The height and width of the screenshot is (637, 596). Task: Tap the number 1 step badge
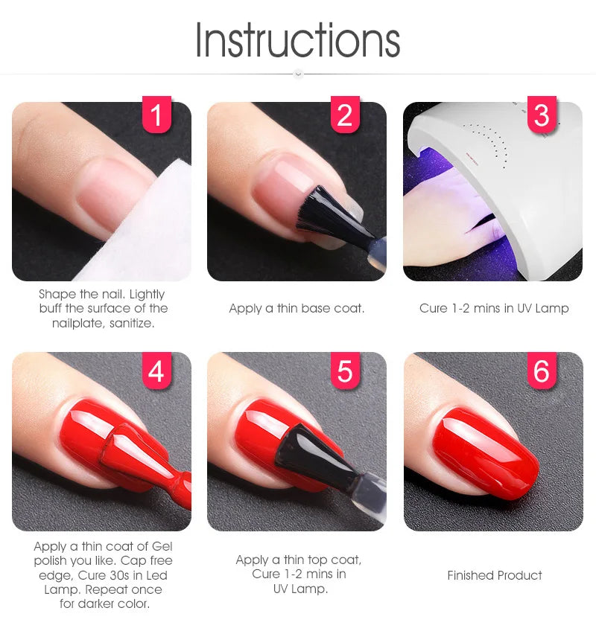point(156,115)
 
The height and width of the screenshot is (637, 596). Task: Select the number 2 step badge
point(345,115)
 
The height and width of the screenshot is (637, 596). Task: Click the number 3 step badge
point(542,115)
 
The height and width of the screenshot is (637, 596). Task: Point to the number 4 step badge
point(156,371)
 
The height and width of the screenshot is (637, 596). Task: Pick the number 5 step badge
point(345,371)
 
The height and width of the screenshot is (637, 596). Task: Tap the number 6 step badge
point(542,371)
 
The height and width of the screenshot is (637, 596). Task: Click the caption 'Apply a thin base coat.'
point(297,308)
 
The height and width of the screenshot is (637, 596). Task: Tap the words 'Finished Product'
point(494,575)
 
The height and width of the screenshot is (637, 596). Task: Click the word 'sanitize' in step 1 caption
point(130,324)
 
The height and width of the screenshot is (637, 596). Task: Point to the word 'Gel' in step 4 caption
point(162,546)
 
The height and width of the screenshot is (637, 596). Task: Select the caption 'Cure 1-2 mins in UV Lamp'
point(494,308)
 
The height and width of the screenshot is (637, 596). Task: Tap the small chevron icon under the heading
point(298,74)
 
